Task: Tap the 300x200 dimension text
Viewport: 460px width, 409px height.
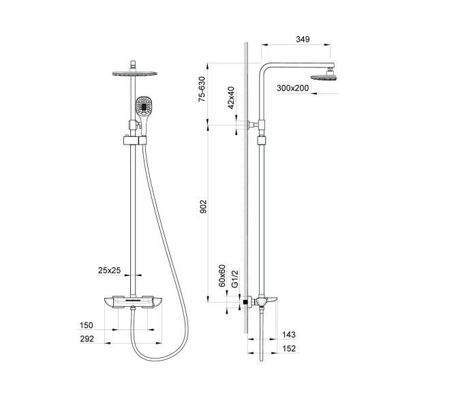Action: click(x=293, y=89)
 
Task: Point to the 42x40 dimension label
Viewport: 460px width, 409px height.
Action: click(x=232, y=97)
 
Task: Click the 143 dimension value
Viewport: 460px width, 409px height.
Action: click(x=288, y=336)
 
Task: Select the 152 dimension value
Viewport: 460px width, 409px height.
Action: click(x=288, y=350)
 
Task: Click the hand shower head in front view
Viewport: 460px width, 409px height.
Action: click(x=144, y=106)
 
